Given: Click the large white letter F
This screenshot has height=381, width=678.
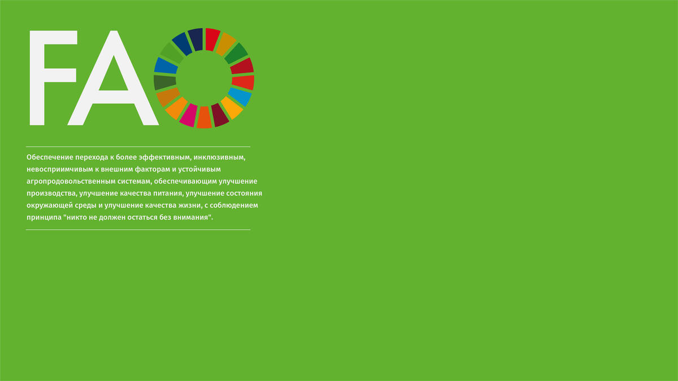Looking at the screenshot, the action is (38, 78).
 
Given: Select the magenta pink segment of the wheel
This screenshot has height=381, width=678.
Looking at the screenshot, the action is (188, 115).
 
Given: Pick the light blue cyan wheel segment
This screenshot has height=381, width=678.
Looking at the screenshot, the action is (240, 97).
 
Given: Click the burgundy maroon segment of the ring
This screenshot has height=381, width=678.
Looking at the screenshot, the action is (219, 115).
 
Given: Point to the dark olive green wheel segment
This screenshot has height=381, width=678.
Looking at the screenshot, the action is (164, 82).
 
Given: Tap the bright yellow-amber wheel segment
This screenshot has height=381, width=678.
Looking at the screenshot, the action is (232, 108).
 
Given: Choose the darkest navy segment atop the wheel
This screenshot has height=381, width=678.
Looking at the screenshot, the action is (195, 40).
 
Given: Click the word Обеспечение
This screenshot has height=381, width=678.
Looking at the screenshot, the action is (50, 157).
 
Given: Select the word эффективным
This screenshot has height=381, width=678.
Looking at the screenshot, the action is (165, 157).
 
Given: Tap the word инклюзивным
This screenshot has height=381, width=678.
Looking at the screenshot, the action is (219, 157).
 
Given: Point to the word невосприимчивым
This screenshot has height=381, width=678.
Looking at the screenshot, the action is (60, 169).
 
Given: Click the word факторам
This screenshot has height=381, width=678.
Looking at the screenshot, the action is (153, 169).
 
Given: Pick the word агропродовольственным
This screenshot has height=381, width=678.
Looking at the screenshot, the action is (71, 181).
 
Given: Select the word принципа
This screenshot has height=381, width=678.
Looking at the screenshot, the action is (44, 217).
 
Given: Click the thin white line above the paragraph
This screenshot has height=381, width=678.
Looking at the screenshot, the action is (138, 147).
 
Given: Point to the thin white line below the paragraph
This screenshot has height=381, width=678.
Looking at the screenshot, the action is (138, 230).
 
